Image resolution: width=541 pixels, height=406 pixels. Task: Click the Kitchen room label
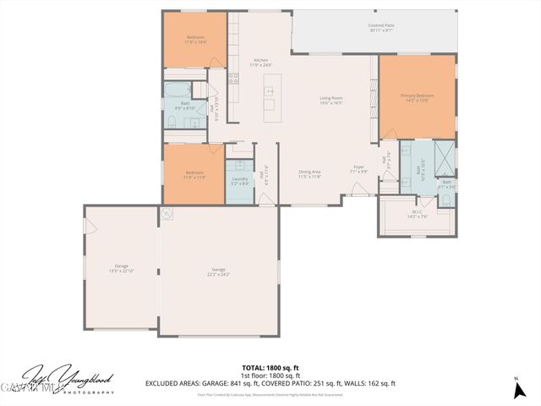[x=261, y=62]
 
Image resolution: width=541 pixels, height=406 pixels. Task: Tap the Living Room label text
[x=331, y=101]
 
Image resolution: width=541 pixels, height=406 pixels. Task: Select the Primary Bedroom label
[x=418, y=97]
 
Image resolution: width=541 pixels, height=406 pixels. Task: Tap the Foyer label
[x=358, y=168]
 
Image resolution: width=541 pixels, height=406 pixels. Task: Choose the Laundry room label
[x=239, y=180]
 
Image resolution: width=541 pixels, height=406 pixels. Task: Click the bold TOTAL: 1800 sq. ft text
[x=270, y=366]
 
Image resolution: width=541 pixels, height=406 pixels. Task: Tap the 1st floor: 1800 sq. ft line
[x=270, y=375]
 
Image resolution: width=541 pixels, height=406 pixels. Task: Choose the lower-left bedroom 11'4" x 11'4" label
[x=195, y=176]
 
